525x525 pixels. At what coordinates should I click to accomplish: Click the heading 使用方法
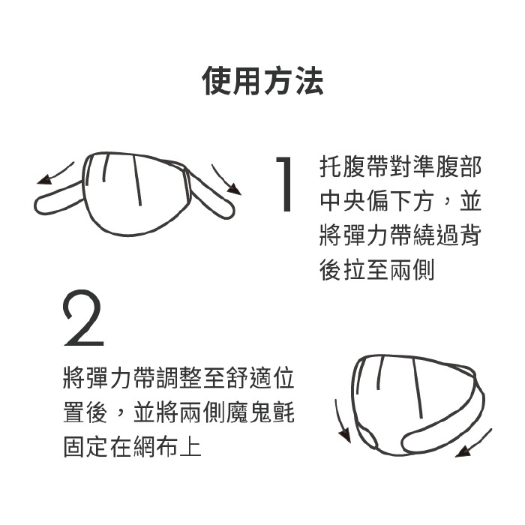coord(262,81)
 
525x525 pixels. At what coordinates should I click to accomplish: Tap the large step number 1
coord(284,184)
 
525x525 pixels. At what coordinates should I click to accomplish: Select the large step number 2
coord(83,318)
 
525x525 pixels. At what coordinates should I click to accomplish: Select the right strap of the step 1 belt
coord(211,194)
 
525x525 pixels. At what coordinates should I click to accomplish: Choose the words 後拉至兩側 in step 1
coord(377,269)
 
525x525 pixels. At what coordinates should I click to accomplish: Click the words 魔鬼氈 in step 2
coord(260,412)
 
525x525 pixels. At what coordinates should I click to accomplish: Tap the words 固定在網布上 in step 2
coord(132,446)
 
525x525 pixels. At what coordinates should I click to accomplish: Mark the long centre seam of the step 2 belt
coord(417,388)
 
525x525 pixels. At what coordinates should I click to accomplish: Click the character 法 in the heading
coord(309,81)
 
